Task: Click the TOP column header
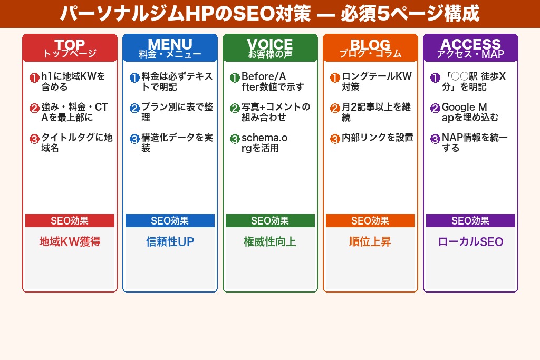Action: [x=70, y=44]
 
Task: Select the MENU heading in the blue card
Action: [x=170, y=44]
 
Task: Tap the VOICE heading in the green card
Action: [x=270, y=44]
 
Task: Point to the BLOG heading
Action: [x=370, y=44]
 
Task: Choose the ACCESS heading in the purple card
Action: [x=470, y=44]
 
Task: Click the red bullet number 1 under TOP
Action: [x=34, y=78]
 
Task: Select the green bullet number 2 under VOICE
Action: [x=235, y=109]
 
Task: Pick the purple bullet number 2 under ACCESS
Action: [x=435, y=109]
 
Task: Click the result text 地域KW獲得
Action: [x=70, y=242]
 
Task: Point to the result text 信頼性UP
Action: [x=170, y=242]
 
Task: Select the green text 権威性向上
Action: [x=270, y=242]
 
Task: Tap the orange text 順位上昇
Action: [x=370, y=242]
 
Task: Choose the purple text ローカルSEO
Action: [x=470, y=242]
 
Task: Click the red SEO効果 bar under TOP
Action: [x=70, y=221]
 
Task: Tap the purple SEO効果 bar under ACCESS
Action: [x=470, y=221]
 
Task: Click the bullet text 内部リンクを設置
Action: [x=377, y=138]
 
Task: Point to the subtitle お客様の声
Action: [x=270, y=54]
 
